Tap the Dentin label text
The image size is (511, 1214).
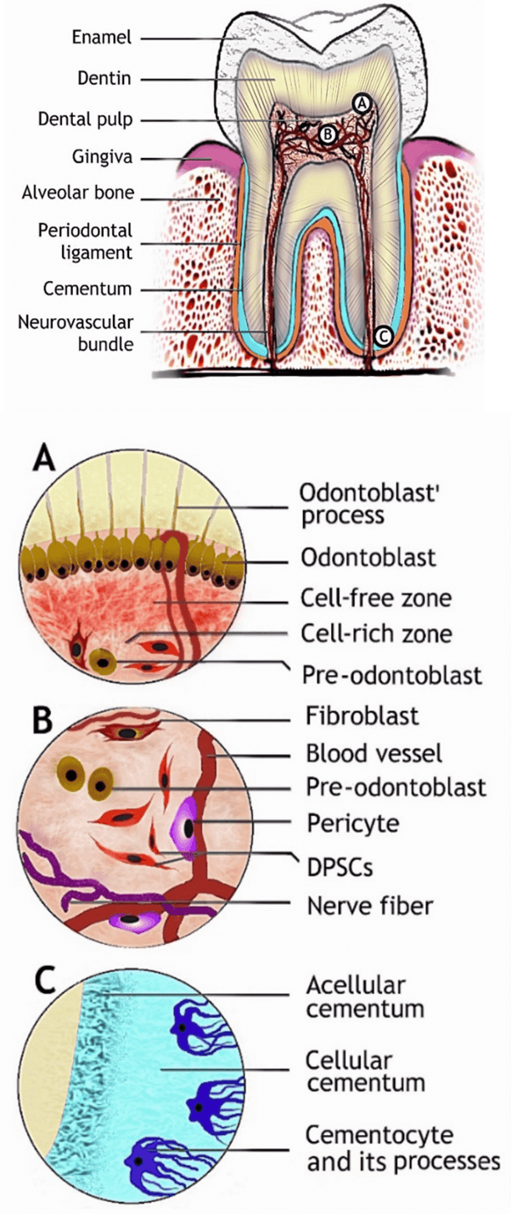coord(104,79)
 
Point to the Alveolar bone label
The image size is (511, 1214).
coord(78,193)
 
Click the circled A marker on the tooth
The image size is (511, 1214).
coord(362,103)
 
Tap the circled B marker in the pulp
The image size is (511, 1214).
coord(328,133)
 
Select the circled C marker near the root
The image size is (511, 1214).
coord(383,336)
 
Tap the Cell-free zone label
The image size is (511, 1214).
coord(375,598)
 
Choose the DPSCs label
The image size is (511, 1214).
coord(340,867)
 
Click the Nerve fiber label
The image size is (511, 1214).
coord(369,905)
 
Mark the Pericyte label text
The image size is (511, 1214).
coord(352,823)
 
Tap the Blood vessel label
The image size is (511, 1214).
coord(374,752)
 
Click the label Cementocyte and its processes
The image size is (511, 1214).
coord(403,1148)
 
